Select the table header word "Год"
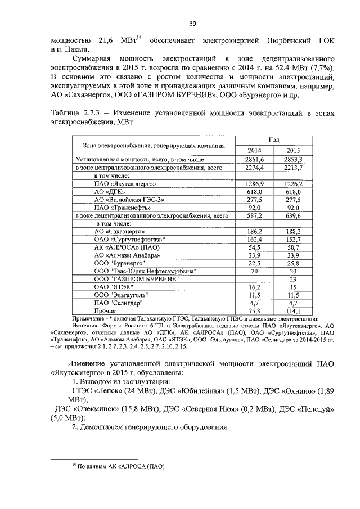coord(274,140)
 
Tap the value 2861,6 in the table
coord(254,160)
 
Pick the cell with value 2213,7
coord(293,168)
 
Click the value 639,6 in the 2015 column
coord(293,215)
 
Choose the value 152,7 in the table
coord(293,240)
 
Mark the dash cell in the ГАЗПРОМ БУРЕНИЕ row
coord(254,279)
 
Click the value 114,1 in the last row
coord(293,310)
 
